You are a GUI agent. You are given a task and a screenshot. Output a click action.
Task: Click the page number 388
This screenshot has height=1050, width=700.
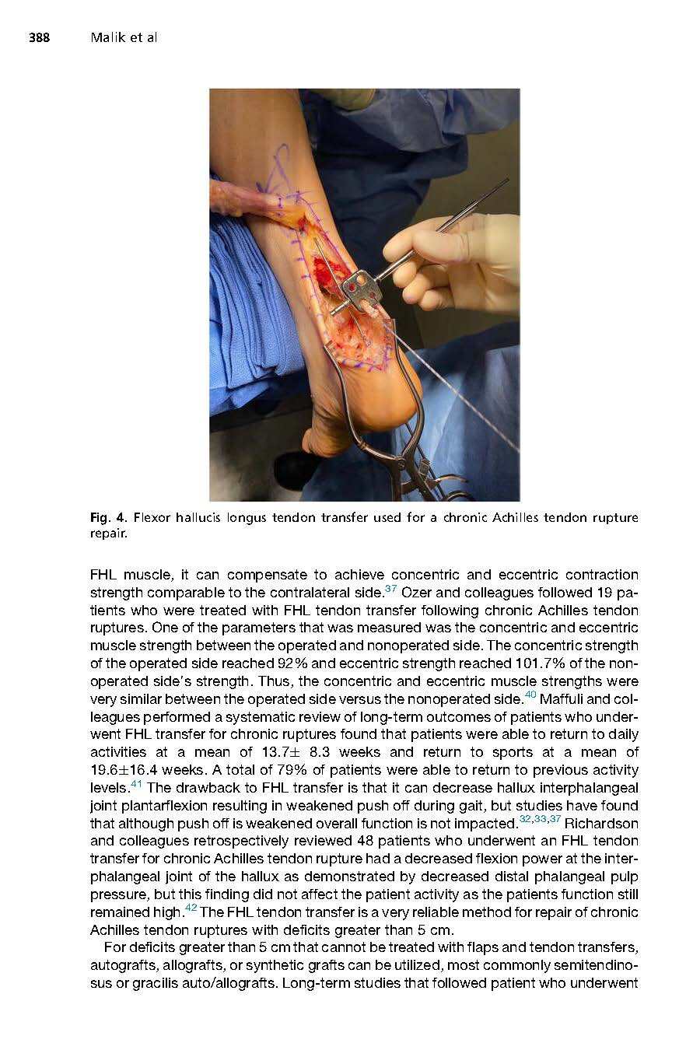coord(40,37)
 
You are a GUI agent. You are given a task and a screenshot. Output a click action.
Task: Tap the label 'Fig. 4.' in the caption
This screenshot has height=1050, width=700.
coord(108,517)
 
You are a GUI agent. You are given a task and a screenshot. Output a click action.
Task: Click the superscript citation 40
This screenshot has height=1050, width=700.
coord(531,695)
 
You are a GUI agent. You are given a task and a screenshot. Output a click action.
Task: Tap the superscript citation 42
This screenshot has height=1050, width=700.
coord(191,908)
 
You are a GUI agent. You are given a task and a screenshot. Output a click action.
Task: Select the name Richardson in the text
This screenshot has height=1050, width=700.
coord(601,823)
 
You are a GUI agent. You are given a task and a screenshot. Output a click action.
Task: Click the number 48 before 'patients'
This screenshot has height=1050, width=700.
coord(366,841)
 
